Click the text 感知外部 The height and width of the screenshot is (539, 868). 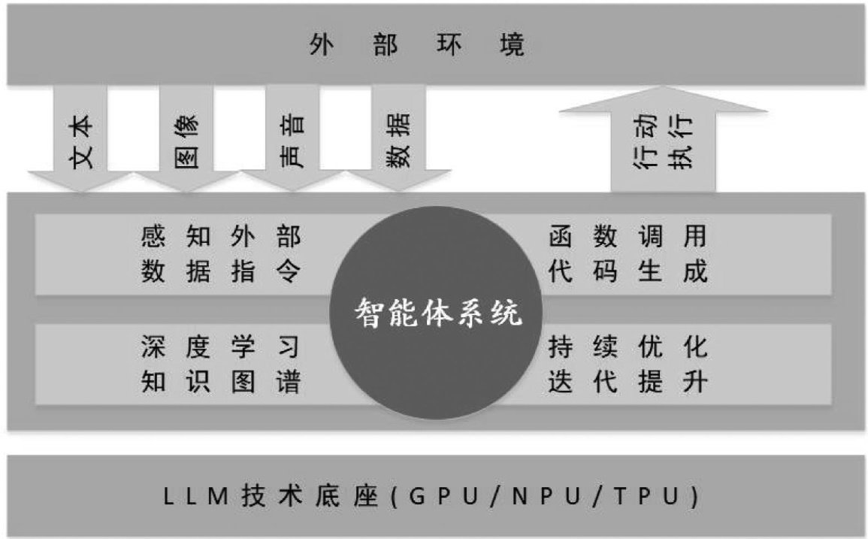[220, 238]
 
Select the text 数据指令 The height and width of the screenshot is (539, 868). [220, 271]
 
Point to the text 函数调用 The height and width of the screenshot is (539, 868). [628, 238]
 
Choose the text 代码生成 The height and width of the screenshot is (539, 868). [628, 271]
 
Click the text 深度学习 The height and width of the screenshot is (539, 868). [220, 347]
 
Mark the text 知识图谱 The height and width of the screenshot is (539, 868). [220, 382]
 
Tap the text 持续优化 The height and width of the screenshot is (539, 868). [628, 347]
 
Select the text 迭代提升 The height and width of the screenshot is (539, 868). [628, 382]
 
